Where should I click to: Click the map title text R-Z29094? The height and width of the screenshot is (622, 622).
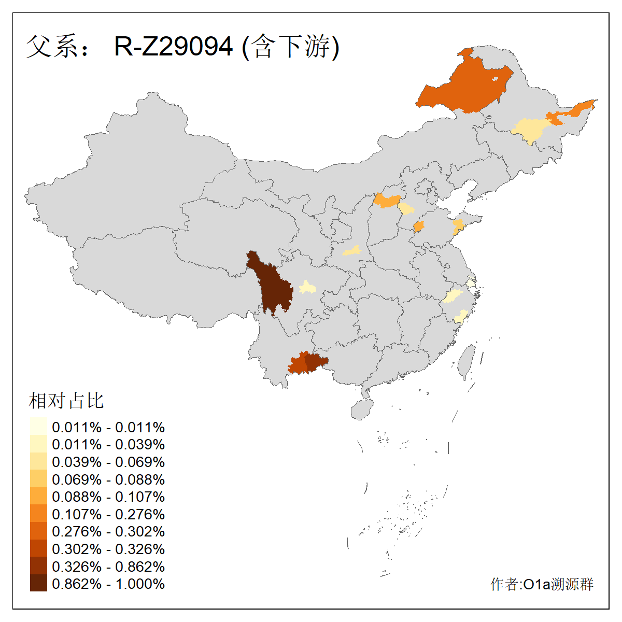[x=173, y=47]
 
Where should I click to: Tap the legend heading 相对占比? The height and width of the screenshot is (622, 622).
[x=66, y=401]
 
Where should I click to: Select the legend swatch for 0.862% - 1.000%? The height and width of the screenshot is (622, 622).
[x=38, y=584]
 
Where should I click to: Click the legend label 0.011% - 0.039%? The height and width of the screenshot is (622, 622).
[x=108, y=444]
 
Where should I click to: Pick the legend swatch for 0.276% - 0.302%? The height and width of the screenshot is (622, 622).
[x=38, y=531]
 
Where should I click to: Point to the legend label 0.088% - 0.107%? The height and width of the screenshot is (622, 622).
[x=108, y=497]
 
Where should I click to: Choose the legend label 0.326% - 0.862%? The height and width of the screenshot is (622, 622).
[x=108, y=566]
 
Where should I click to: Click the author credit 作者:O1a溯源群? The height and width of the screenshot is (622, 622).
[x=542, y=584]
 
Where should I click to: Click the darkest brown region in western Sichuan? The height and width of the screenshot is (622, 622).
[x=271, y=285]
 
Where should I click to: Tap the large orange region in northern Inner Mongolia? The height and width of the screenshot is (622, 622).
[x=464, y=86]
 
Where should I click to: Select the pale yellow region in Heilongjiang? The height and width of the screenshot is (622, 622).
[x=531, y=130]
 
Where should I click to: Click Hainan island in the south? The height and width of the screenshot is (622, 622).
[x=362, y=409]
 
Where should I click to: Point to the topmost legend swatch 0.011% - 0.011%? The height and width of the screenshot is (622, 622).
[x=38, y=427]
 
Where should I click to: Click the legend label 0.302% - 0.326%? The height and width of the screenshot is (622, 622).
[x=108, y=549]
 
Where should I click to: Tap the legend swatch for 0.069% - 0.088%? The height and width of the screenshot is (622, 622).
[x=38, y=479]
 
